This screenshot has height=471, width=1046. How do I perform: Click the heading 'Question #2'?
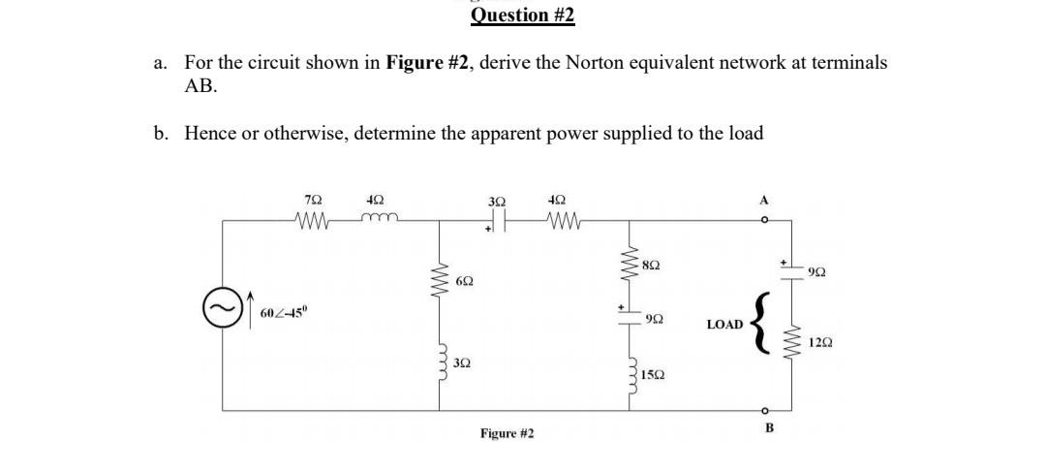(x=522, y=15)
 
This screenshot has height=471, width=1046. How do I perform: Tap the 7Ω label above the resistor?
(x=313, y=200)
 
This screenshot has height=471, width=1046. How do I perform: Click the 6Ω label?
(x=464, y=281)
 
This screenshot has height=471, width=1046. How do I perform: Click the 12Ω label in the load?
(x=818, y=342)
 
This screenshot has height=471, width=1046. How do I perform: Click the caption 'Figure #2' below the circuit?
(x=507, y=433)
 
